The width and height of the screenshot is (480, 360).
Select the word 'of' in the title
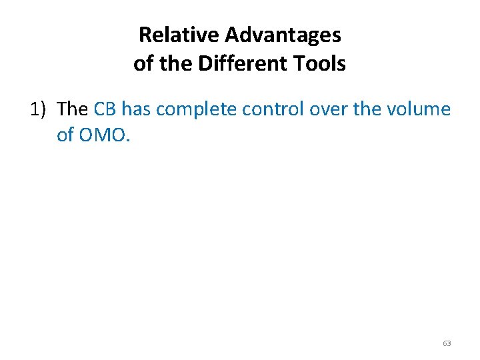click(143, 64)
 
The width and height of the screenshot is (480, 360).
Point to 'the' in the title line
click(173, 64)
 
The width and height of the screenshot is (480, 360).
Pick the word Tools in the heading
click(320, 64)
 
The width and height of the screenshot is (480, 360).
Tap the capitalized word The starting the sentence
click(74, 108)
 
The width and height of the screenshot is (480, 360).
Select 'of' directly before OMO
click(65, 135)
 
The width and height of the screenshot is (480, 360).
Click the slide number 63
click(447, 343)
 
